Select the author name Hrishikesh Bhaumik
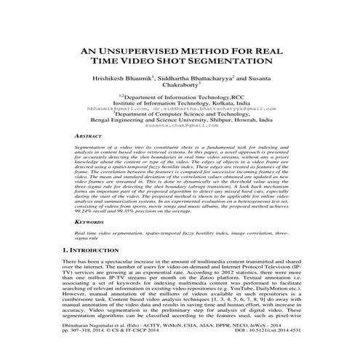pyautogui.click(x=121, y=84)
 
